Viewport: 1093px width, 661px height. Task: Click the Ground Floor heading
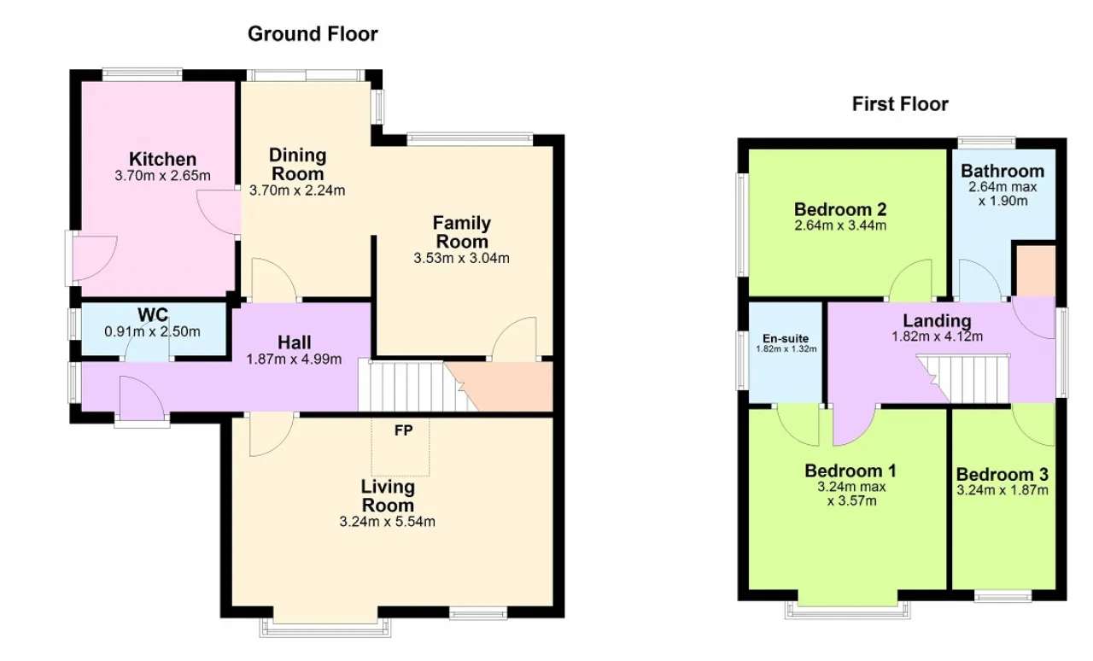point(313,34)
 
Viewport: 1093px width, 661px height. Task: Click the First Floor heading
point(900,104)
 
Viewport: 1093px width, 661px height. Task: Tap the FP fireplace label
point(404,430)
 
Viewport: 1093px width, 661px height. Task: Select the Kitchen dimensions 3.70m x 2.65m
point(162,176)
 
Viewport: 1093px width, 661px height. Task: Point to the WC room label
point(153,315)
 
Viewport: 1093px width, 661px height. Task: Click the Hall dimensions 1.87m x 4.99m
point(294,360)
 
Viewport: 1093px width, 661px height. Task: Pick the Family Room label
point(462,232)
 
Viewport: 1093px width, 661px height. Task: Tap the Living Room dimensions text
point(388,522)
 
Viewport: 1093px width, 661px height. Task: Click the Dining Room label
point(298,164)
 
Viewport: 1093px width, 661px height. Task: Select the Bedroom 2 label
point(840,209)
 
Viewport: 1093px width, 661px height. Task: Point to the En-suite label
point(786,338)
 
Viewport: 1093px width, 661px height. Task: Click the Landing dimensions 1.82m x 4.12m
point(937,336)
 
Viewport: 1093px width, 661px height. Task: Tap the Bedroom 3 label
point(1002,474)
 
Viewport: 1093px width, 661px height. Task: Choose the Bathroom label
point(1002,171)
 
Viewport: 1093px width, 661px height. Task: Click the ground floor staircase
point(418,387)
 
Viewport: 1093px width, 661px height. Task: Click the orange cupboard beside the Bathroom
point(1036,271)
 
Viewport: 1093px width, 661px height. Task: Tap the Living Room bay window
point(325,628)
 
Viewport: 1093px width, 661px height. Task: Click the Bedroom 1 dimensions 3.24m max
point(851,487)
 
